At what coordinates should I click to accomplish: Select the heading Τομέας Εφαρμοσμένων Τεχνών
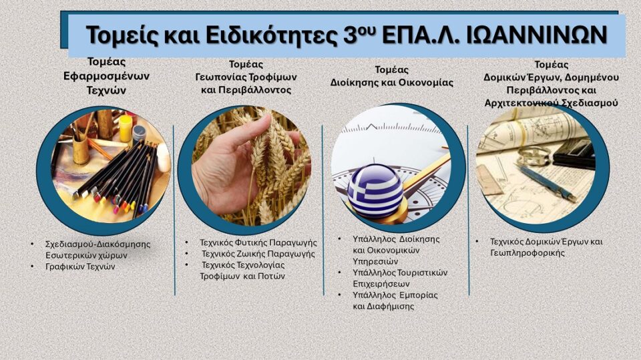coord(101,75)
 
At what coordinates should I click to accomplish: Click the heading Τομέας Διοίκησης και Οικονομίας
coord(392,76)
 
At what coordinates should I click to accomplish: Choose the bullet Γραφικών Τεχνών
coord(80,266)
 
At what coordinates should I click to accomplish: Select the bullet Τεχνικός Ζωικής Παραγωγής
coord(258,254)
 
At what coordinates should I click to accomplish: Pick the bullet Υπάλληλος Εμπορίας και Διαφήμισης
coord(391,301)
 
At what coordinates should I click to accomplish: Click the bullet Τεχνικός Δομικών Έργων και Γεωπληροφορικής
coord(546,247)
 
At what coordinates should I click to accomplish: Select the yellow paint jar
coord(125,128)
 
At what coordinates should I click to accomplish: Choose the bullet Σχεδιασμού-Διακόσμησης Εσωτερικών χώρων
coord(97,249)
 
